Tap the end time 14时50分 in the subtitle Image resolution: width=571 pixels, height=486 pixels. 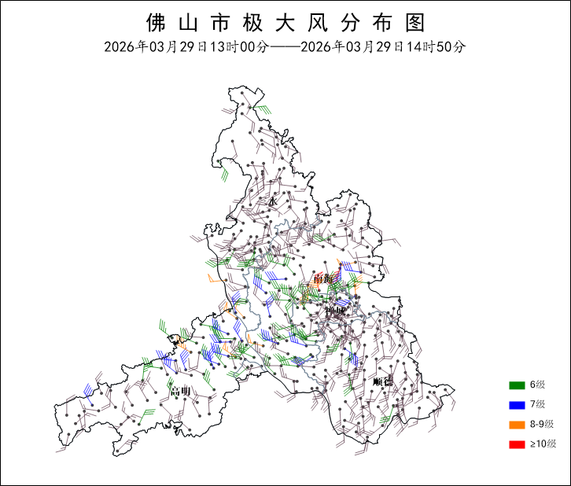436,46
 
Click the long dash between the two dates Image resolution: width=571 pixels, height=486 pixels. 285,46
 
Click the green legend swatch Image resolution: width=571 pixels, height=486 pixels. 516,385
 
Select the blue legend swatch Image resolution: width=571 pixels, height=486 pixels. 516,404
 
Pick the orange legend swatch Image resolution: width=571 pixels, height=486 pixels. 516,425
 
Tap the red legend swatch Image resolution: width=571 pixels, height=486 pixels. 516,444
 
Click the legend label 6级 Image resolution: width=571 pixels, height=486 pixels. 538,385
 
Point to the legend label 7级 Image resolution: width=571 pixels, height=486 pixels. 538,404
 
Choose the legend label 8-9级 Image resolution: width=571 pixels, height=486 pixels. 542,425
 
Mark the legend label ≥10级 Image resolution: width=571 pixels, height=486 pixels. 543,444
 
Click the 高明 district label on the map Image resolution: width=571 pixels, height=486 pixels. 180,391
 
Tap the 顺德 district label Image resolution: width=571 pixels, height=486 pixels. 382,381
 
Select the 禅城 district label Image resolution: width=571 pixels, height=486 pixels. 336,311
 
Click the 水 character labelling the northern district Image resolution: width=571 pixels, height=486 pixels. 273,202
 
